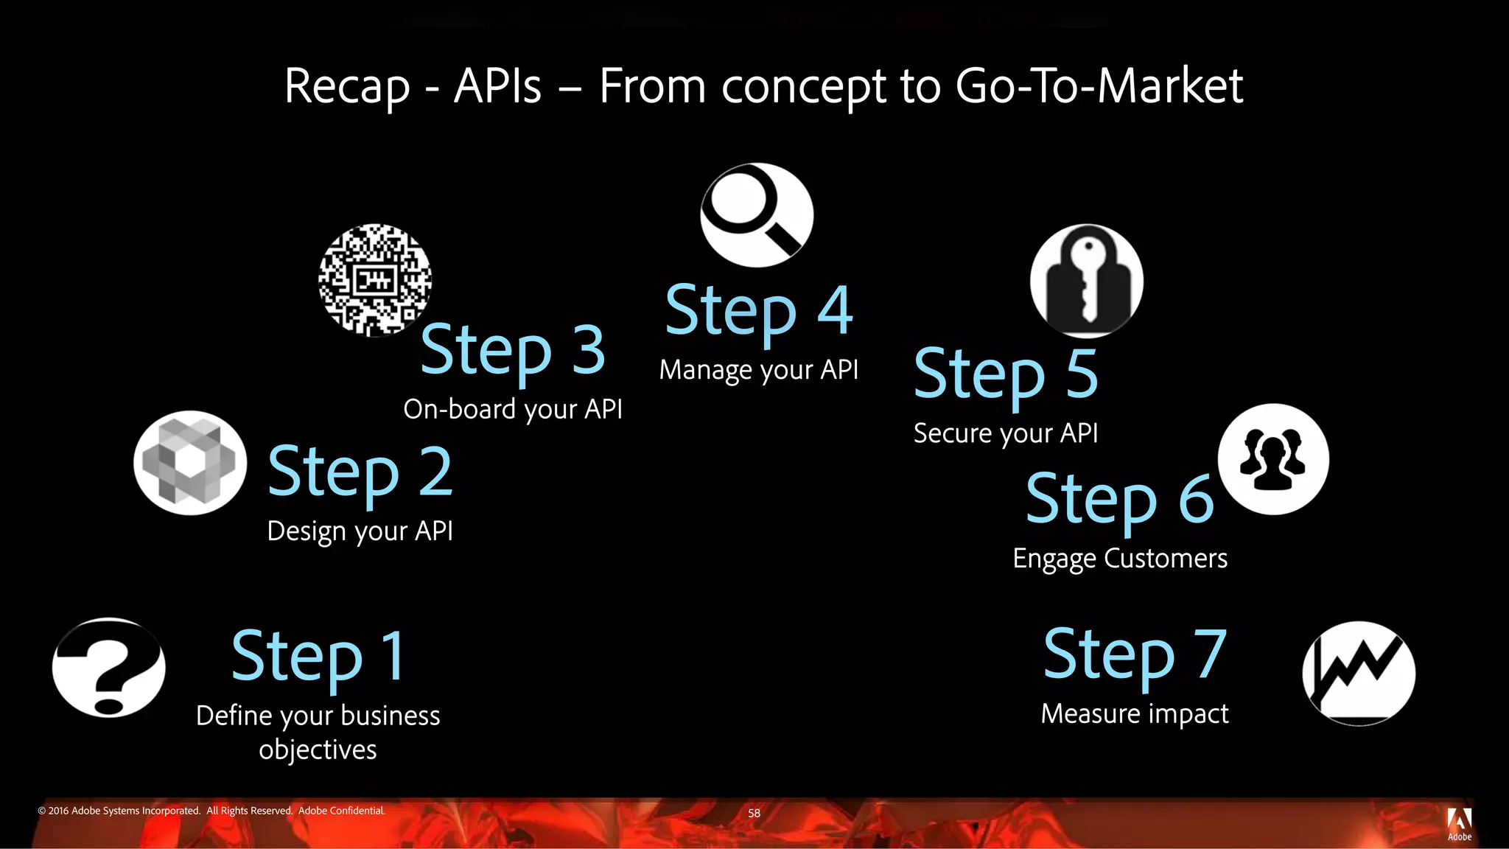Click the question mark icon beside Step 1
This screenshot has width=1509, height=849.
(109, 668)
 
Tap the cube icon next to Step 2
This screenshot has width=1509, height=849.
(190, 463)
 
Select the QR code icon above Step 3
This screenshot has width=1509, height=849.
(375, 280)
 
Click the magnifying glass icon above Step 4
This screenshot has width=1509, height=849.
(757, 214)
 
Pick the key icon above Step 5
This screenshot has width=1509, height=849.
(1086, 282)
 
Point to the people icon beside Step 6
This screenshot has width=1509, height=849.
(1273, 459)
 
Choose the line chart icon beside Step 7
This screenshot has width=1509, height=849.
(1359, 673)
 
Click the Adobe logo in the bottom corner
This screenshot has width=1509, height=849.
(1459, 822)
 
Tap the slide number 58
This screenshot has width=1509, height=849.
(754, 813)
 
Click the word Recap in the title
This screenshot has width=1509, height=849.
(346, 87)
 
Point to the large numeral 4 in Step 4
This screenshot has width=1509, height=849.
(835, 310)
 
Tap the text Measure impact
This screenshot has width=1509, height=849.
(1135, 713)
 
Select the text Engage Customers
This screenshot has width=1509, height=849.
(1120, 559)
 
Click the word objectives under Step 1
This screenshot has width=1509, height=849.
(318, 750)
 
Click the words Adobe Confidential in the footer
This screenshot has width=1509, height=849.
(341, 811)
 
